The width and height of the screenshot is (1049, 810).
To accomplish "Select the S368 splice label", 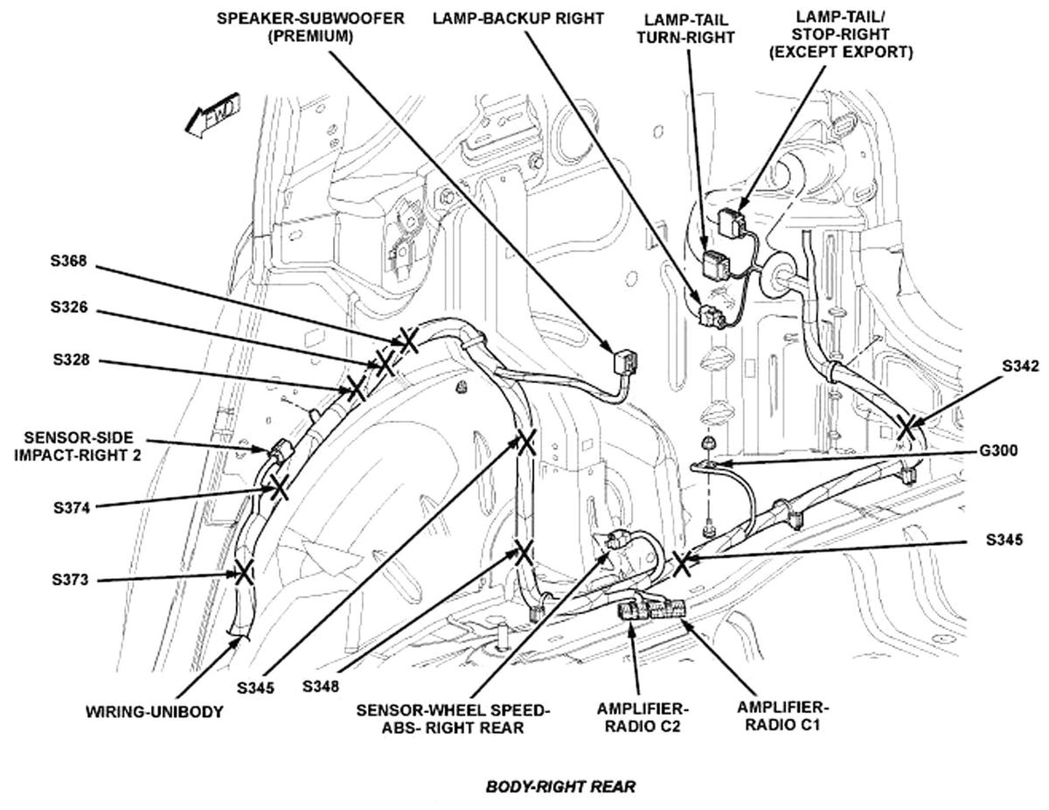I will pyautogui.click(x=70, y=260).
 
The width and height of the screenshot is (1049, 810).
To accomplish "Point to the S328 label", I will pyautogui.click(x=70, y=360).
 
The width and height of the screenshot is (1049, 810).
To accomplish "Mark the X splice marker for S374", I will pyautogui.click(x=278, y=486).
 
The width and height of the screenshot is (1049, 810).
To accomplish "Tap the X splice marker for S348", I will pyautogui.click(x=523, y=552).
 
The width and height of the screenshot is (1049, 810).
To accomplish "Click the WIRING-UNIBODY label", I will pyautogui.click(x=154, y=712).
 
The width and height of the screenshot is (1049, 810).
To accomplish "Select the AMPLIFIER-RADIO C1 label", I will pyautogui.click(x=780, y=715).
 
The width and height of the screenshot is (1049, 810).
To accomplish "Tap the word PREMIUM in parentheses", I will pyautogui.click(x=311, y=37).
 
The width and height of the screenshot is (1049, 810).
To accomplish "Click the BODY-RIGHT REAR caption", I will pyautogui.click(x=560, y=786).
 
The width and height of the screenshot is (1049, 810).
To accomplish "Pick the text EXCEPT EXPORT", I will pyautogui.click(x=840, y=52).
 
